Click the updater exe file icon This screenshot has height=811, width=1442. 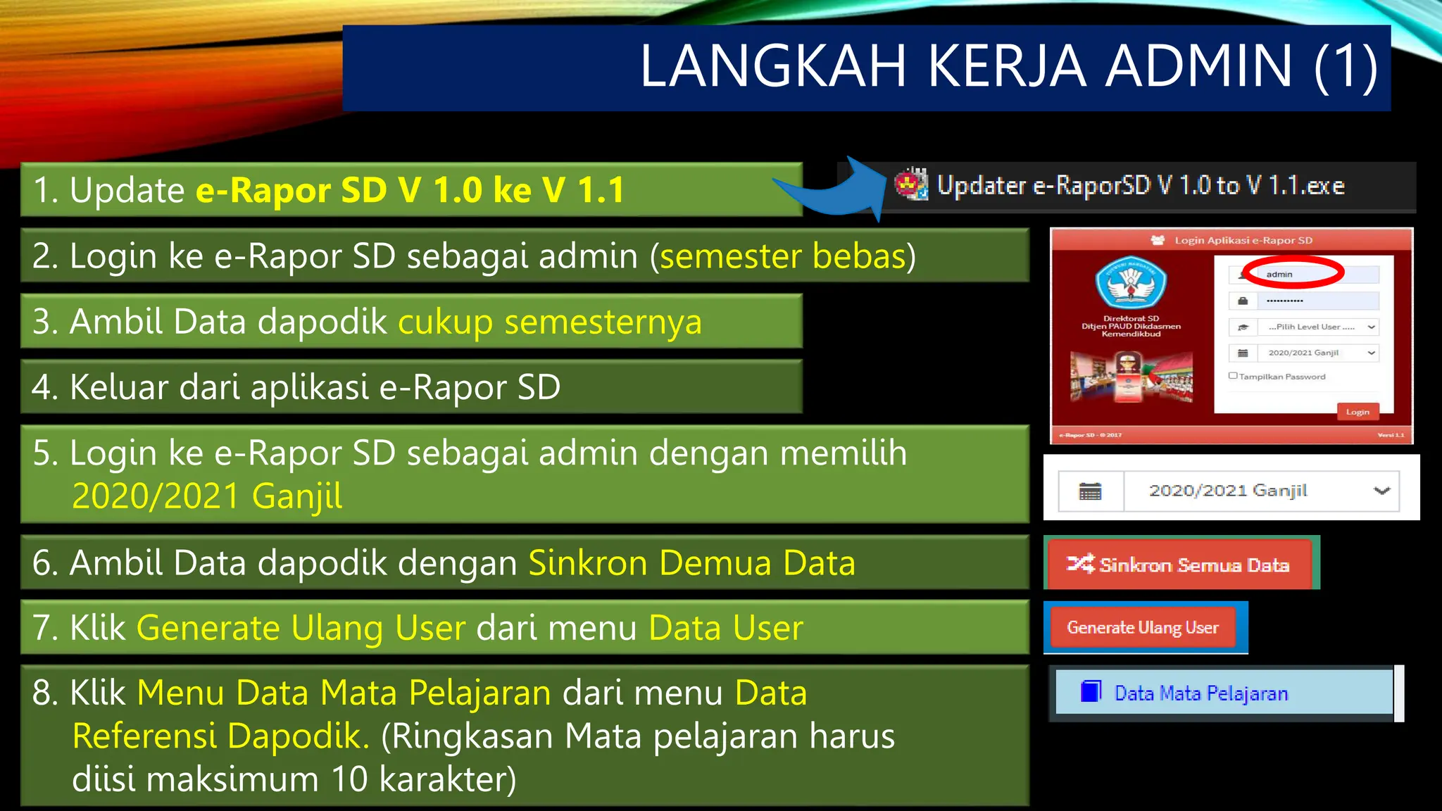click(911, 184)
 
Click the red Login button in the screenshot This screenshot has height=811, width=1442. click(1357, 412)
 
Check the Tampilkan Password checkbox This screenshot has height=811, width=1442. click(1233, 376)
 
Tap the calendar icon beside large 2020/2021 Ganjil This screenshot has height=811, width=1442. click(1090, 491)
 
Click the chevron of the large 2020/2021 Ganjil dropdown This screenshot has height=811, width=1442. click(1381, 491)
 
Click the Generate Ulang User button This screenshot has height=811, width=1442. click(1143, 627)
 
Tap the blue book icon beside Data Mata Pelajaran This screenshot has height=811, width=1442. click(1091, 692)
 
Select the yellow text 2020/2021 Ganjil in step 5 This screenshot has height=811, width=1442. click(207, 496)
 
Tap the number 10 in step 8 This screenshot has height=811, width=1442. click(349, 779)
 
